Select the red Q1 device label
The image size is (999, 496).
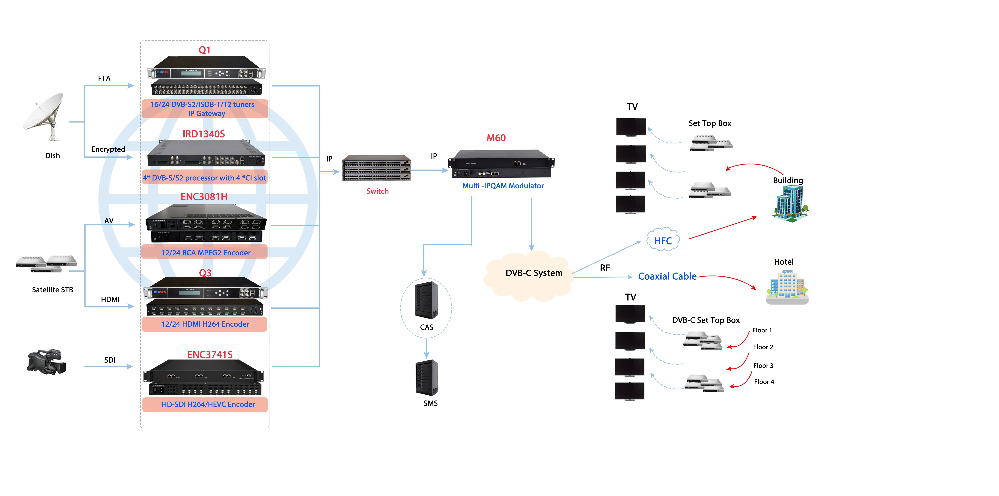click(204, 50)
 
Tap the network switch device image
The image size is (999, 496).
click(376, 168)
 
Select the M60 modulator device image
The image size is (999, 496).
click(501, 164)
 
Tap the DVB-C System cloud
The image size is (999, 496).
click(531, 274)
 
